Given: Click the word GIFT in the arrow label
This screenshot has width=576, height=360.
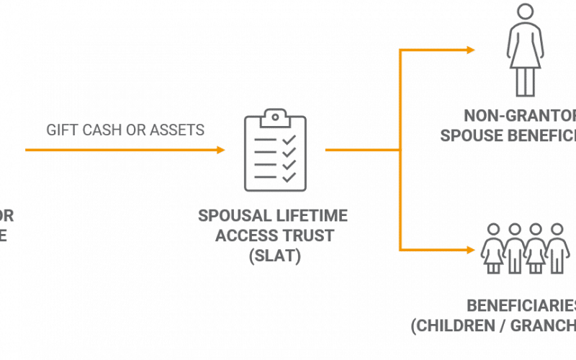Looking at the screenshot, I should [x=60, y=130].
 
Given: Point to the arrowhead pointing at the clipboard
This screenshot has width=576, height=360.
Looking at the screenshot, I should [x=220, y=150].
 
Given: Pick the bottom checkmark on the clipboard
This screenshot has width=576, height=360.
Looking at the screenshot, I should [x=287, y=175].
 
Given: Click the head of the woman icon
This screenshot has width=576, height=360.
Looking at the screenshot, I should [x=521, y=12].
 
